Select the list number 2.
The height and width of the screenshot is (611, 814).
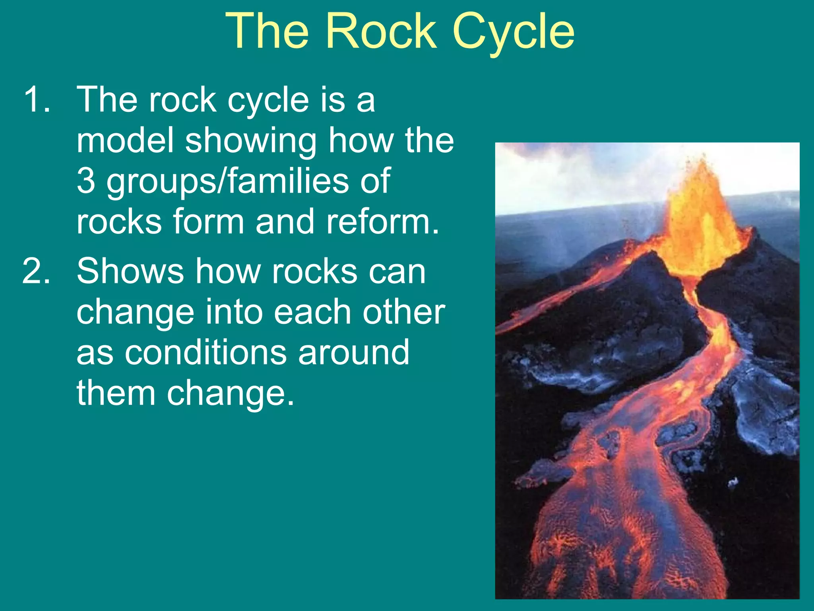click(37, 271)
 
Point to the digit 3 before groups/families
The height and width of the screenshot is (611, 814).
click(86, 181)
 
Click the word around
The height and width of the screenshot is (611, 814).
click(354, 352)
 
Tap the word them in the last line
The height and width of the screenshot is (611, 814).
click(116, 393)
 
